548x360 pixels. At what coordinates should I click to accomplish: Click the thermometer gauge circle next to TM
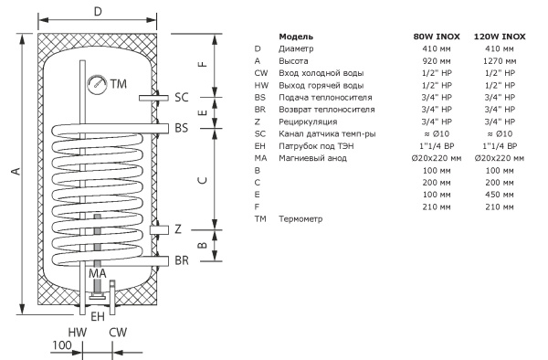coord(97,84)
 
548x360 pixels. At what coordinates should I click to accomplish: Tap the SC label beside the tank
coord(182,97)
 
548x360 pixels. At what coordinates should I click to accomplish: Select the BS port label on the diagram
coord(182,128)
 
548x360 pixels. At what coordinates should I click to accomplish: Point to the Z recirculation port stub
coord(159,230)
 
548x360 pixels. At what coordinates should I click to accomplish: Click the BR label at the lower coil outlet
coord(182,260)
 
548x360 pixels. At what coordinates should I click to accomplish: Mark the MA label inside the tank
coord(98,273)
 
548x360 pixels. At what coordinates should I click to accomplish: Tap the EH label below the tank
coord(98,317)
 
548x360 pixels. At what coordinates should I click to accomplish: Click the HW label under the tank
coord(78,332)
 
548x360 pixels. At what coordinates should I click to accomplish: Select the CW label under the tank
coord(118,332)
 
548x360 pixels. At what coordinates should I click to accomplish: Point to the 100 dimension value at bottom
coord(62,345)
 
